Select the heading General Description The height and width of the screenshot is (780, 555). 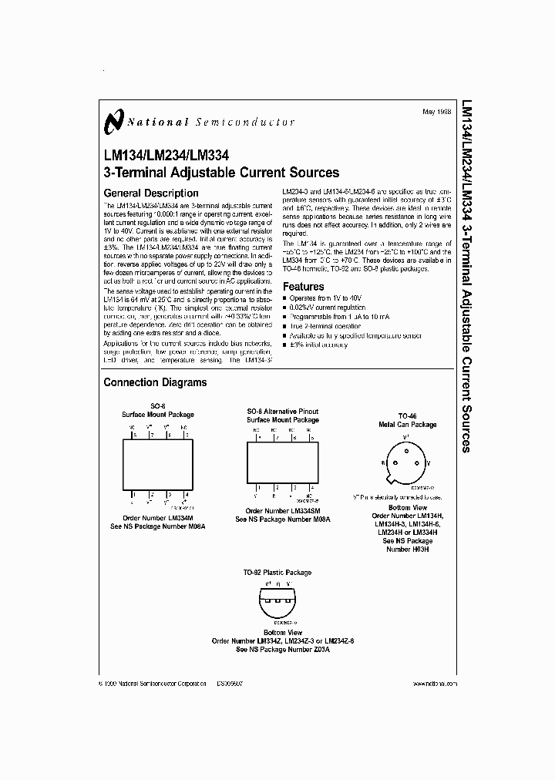pyautogui.click(x=150, y=193)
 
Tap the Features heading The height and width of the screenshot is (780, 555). pyautogui.click(x=304, y=287)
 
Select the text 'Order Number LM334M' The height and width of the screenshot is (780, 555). pyautogui.click(x=157, y=519)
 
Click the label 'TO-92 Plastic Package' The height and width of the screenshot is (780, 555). pyautogui.click(x=277, y=573)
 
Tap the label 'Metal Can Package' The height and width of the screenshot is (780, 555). pyautogui.click(x=407, y=425)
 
